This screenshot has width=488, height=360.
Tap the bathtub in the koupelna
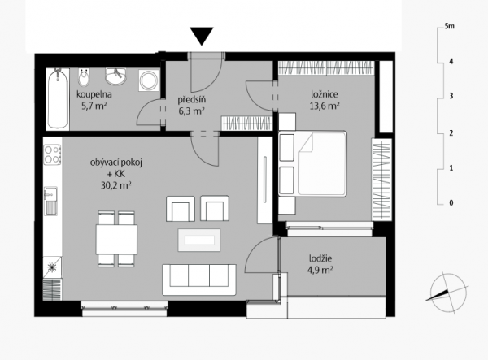point(58,98)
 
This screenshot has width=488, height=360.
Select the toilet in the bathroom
point(84,77)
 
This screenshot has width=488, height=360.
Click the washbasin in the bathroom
point(115,76)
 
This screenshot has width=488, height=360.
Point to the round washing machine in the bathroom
point(149,80)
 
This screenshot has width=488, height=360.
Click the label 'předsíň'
point(192,100)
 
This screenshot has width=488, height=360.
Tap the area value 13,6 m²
point(325,106)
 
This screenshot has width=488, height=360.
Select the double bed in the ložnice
point(313,164)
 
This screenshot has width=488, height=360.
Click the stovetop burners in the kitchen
point(52,154)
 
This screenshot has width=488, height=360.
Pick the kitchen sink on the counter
point(50,201)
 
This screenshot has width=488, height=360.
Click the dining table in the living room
point(116,239)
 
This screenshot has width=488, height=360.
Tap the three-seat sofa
point(199,280)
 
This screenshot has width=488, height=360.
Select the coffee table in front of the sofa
point(199,240)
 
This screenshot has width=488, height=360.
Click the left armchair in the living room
point(181,209)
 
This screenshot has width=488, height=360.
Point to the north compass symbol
point(447,293)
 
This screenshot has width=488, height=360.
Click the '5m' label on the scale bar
point(450,26)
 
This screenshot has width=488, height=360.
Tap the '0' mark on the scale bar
point(451,203)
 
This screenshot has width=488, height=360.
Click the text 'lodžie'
point(320,258)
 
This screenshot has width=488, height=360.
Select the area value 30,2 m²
point(115,185)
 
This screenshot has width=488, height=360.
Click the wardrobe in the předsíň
point(246,123)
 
